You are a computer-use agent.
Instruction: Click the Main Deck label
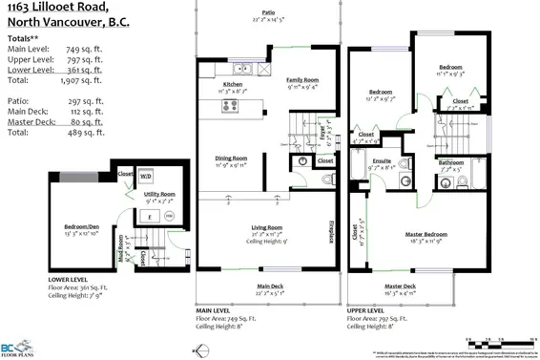click(272, 286)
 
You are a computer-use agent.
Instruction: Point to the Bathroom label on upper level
click(447, 163)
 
